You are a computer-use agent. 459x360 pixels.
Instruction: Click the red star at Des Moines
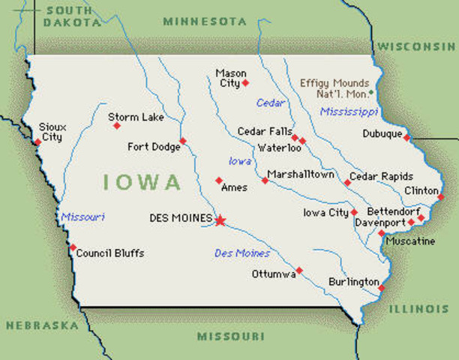220,220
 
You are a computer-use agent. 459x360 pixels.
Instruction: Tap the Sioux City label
52,133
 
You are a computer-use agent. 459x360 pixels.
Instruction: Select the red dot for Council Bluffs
73,247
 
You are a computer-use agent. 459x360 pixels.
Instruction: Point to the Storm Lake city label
132,117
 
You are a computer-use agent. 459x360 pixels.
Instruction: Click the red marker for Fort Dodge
182,140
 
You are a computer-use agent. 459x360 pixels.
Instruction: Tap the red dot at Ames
219,180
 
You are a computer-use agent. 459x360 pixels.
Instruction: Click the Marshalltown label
301,175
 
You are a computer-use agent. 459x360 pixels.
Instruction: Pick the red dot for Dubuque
406,137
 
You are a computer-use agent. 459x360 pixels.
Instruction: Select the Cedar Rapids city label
381,176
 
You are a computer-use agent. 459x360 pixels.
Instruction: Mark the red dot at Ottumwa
299,270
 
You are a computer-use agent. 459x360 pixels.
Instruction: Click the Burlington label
353,282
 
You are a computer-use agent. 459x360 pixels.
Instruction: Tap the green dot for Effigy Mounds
370,92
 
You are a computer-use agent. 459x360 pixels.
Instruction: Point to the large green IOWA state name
142,182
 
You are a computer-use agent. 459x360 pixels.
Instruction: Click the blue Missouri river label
82,217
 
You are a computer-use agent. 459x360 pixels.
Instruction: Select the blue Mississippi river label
349,112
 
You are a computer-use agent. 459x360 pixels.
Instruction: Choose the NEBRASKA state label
42,325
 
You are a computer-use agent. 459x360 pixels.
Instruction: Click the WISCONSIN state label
416,46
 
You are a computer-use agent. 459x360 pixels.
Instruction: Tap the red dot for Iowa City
354,212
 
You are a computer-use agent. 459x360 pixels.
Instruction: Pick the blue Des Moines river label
242,253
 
